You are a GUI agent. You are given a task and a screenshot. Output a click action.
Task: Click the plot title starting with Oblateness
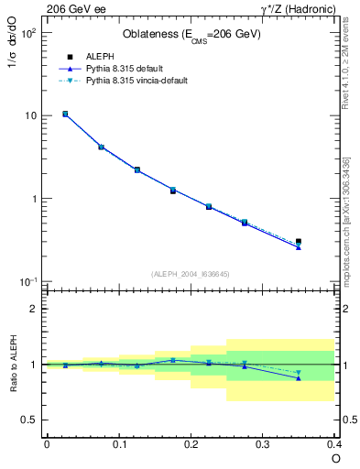191,35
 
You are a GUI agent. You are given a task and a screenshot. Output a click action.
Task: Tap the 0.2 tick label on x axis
191,444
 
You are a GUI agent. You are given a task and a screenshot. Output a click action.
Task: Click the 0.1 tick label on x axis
118,444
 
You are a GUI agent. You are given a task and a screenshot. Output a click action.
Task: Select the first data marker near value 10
65,114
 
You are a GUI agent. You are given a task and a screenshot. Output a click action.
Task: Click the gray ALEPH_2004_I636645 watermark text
191,273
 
